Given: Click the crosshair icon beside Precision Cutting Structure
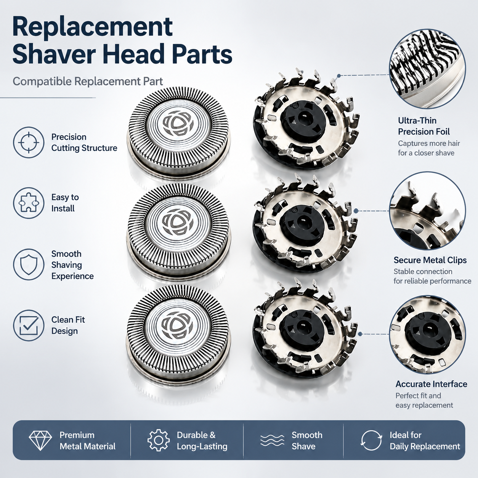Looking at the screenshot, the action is [29, 143].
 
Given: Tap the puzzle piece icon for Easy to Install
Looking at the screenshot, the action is [29, 203].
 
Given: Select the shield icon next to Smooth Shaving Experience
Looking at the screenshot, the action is [29, 265].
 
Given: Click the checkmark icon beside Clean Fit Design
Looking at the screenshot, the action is [29, 325].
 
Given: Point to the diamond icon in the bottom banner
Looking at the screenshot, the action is [40, 440].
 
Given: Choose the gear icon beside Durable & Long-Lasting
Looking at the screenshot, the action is [159, 440].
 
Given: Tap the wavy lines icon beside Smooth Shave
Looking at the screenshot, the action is [273, 440].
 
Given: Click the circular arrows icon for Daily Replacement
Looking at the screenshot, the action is [371, 440].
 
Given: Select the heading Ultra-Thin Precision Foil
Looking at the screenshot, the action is [423, 126].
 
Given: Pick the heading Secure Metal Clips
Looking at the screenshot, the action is [430, 260].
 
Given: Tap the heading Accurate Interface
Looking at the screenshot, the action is [431, 384].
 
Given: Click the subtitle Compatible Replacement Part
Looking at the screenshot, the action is [88, 81].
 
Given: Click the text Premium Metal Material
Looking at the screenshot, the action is [88, 441].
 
